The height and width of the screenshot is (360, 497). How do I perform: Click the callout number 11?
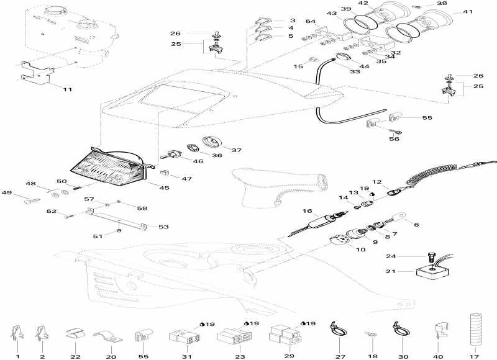coord(67,89)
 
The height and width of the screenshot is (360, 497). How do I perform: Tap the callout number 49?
coord(7,193)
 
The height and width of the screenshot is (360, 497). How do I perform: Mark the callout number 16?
coord(307,212)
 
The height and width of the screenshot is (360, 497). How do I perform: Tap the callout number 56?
coord(394,139)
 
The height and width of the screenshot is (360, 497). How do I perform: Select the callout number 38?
coord(459,3)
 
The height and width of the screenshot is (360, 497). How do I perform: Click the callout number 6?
coord(416,224)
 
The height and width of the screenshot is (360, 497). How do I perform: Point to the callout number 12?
coord(376,182)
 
